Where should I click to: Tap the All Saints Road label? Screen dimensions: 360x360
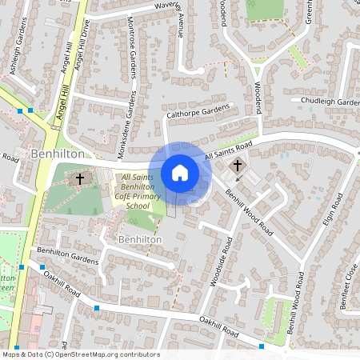pos(228,149)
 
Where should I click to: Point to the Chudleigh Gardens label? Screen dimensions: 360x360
pos(330,102)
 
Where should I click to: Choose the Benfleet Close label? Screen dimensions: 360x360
pos(349,280)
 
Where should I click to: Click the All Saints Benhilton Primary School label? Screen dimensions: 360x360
pos(137,192)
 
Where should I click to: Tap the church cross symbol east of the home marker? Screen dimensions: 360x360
pos(238,166)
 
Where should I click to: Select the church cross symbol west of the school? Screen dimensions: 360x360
pos(80,178)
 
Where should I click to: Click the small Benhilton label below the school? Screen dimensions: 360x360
pos(140,239)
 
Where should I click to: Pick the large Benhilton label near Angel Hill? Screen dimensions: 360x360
pos(53,152)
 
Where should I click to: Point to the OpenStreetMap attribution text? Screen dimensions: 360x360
pos(80,354)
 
